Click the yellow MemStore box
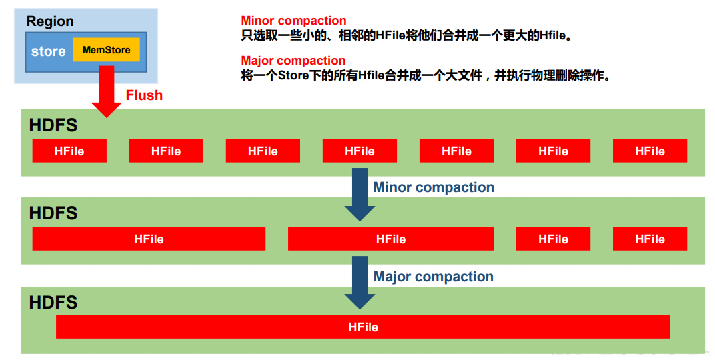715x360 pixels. pyautogui.click(x=107, y=50)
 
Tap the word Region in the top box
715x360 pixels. pyautogui.click(x=50, y=21)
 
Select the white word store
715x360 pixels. pyautogui.click(x=49, y=51)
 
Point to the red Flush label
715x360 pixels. pyautogui.click(x=144, y=95)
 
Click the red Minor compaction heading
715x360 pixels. pyautogui.click(x=293, y=21)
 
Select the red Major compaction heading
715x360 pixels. pyautogui.click(x=293, y=61)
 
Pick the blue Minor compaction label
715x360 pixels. pyautogui.click(x=434, y=187)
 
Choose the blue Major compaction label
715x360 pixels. pyautogui.click(x=434, y=277)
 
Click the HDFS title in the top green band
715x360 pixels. pyautogui.click(x=53, y=125)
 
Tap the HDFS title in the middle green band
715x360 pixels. pyautogui.click(x=53, y=213)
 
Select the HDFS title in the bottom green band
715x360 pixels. pyautogui.click(x=53, y=303)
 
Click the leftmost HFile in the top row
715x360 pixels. pyautogui.click(x=69, y=151)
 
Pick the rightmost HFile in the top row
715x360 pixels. pyautogui.click(x=650, y=151)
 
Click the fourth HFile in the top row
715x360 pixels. pyautogui.click(x=360, y=151)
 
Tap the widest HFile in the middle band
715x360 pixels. pyautogui.click(x=149, y=239)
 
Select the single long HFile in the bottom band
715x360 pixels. pyautogui.click(x=363, y=327)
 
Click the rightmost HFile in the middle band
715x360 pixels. pyautogui.click(x=650, y=239)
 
